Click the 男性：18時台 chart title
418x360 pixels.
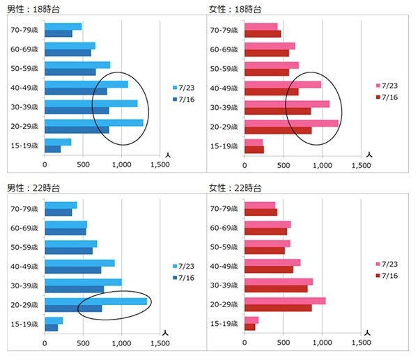tap(33, 9)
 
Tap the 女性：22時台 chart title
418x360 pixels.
tap(235, 188)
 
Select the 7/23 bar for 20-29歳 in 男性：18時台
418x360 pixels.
tap(94, 123)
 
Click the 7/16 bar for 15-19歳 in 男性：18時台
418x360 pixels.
tap(52, 149)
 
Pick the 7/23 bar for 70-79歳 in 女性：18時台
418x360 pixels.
tap(261, 27)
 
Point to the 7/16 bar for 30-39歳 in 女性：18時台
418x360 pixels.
tap(277, 111)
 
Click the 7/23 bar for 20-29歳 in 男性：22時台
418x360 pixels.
tap(96, 302)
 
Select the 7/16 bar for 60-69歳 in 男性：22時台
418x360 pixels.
tap(65, 232)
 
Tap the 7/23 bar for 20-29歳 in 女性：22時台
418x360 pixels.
tap(285, 301)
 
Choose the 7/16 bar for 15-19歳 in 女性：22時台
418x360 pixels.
tap(250, 327)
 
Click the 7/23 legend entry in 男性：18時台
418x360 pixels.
tap(184, 88)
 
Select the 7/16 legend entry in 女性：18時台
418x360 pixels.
tap(387, 97)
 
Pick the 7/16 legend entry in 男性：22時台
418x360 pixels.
tap(184, 278)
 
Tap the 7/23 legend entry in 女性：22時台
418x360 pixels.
tap(387, 264)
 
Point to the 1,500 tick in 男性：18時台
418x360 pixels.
tap(160, 164)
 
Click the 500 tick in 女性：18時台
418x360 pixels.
tap(284, 165)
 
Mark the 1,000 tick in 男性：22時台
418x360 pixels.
tap(121, 343)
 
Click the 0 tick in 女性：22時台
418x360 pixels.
tap(245, 343)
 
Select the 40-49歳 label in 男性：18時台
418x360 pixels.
tap(24, 88)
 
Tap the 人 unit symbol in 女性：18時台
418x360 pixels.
tap(369, 155)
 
